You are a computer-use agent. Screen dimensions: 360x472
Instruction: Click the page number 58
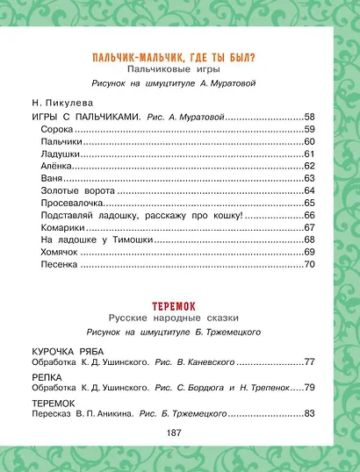309,116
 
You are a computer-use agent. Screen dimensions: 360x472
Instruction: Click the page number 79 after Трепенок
309,387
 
